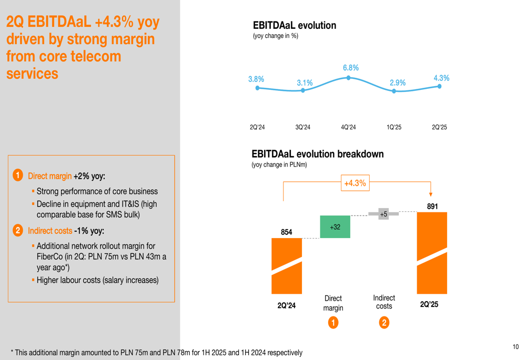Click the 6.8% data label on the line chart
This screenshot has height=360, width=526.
[x=350, y=68]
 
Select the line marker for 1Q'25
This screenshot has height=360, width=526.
[x=394, y=91]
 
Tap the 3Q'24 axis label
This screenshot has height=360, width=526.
[x=302, y=127]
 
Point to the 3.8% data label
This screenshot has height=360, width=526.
[x=256, y=79]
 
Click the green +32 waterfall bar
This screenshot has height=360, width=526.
[x=335, y=227]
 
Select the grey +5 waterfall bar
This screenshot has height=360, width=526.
[x=383, y=214]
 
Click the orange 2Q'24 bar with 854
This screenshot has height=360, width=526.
[x=287, y=265]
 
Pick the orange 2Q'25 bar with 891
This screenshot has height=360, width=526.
[x=432, y=253]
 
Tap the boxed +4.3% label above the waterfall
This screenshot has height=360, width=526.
[x=355, y=183]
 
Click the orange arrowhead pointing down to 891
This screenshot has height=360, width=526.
[x=431, y=194]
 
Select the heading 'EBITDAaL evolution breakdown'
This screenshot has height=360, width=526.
[x=318, y=154]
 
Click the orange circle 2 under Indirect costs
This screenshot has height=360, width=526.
[x=384, y=322]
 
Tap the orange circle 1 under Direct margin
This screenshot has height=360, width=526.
[x=333, y=322]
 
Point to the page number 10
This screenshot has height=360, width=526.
[x=515, y=347]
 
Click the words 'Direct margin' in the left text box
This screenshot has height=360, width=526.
[x=49, y=176]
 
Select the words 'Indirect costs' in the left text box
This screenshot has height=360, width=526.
[x=50, y=231]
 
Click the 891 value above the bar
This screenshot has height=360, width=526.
[x=432, y=207]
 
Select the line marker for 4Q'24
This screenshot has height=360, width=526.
[x=348, y=78]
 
